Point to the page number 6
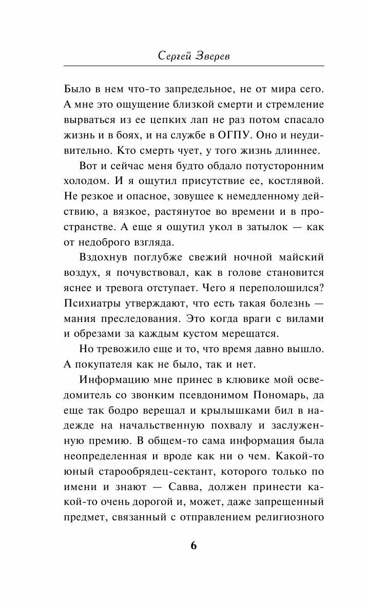(x=194, y=544)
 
